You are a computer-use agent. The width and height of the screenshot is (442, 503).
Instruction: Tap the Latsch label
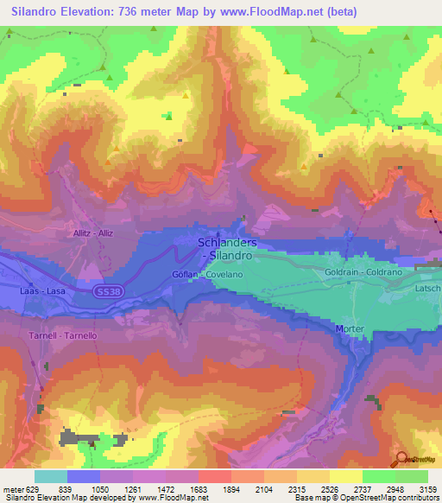click(x=427, y=288)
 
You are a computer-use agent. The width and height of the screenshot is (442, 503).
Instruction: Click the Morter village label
click(x=350, y=329)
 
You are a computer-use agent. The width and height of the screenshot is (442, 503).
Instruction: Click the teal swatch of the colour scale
click(x=50, y=476)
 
